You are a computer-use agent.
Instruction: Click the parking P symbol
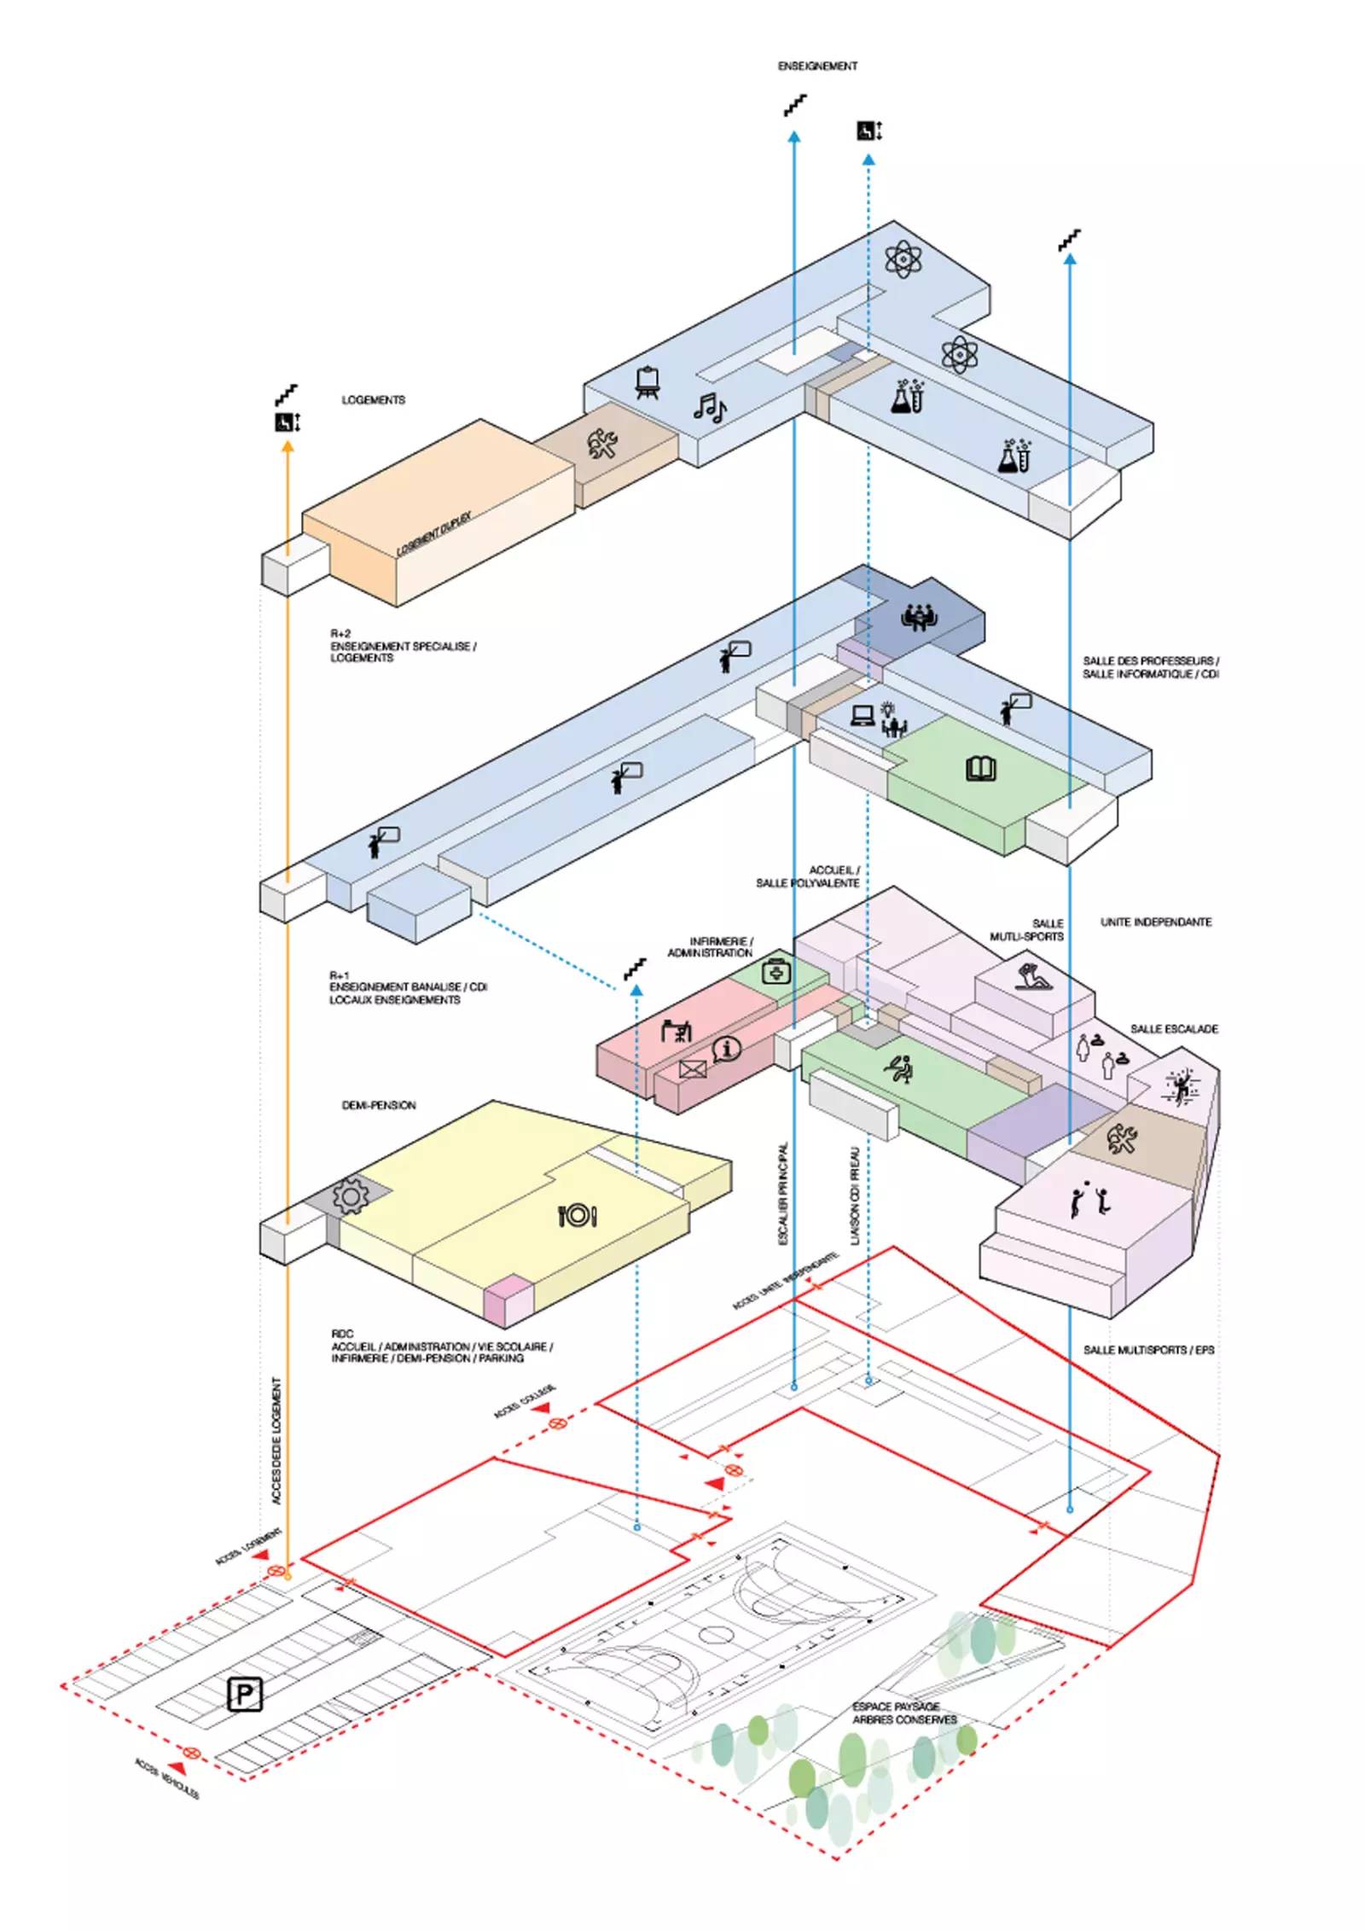click(x=245, y=1694)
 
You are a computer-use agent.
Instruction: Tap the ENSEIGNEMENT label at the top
click(x=817, y=66)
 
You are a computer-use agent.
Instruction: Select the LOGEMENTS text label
click(x=374, y=399)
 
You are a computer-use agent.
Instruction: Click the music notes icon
click(x=709, y=408)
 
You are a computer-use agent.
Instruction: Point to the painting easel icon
click(x=648, y=382)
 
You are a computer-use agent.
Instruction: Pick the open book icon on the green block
click(x=980, y=769)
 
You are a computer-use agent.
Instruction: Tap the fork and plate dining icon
click(x=578, y=1215)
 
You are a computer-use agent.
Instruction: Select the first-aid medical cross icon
click(x=776, y=970)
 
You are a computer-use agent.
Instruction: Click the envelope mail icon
click(x=693, y=1068)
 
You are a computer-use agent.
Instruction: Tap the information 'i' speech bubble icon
click(x=727, y=1048)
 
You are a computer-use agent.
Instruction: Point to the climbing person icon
click(x=1181, y=1086)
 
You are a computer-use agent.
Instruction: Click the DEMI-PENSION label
click(x=379, y=1105)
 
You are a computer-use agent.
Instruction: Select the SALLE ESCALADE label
click(x=1174, y=1029)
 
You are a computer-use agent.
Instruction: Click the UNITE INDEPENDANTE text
click(x=1156, y=922)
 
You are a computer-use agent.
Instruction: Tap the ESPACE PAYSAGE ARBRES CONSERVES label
click(x=904, y=1713)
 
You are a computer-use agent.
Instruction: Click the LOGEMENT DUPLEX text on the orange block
click(x=434, y=534)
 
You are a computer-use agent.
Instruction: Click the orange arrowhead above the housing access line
click(x=288, y=445)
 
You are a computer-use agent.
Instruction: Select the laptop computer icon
click(x=863, y=714)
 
